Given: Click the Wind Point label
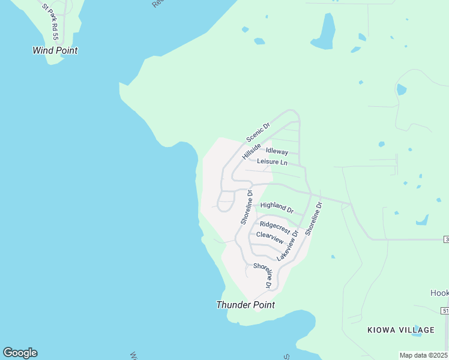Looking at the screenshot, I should click(55, 51).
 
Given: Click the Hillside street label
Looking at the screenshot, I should click(252, 151).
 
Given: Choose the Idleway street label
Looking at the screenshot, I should click(277, 152).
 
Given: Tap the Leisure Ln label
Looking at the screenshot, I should click(272, 162).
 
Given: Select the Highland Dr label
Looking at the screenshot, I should click(277, 208).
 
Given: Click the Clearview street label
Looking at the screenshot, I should click(270, 236).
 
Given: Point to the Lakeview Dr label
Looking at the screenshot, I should click(288, 245).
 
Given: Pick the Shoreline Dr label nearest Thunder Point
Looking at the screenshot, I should click(265, 274).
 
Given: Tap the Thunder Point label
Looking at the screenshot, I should click(246, 305).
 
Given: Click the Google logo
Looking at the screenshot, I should click(20, 353).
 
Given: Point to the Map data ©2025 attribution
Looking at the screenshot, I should click(423, 355).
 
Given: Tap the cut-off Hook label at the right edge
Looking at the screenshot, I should click(439, 293).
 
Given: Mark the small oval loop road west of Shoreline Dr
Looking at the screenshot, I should click(226, 201).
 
